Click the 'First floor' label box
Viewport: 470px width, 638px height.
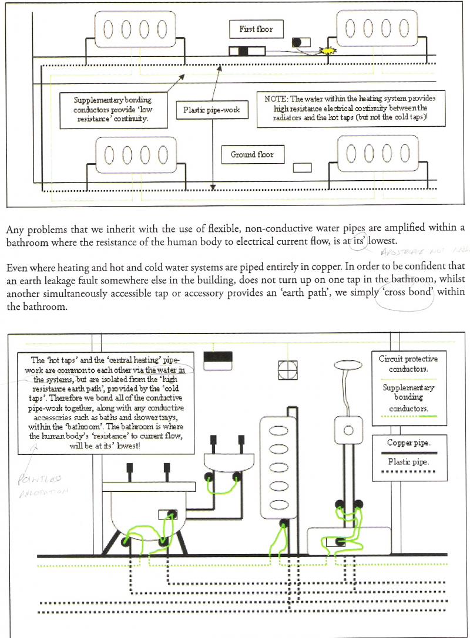(x=256, y=29)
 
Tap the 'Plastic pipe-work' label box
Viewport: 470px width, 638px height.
(x=211, y=110)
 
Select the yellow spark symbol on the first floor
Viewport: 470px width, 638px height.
(x=327, y=51)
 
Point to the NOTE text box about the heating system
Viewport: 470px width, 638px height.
(x=351, y=109)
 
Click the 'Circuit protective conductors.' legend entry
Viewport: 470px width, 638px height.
(x=408, y=364)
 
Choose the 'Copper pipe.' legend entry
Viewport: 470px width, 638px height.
(x=409, y=443)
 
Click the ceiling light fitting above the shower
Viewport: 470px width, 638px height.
(x=348, y=366)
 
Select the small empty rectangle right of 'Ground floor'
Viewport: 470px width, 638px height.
(x=302, y=168)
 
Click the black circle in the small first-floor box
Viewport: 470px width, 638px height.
(x=297, y=43)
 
